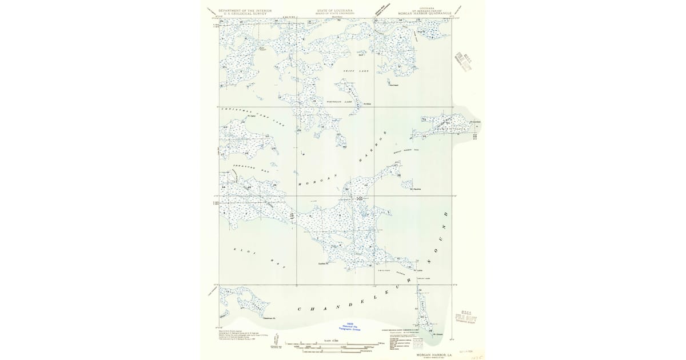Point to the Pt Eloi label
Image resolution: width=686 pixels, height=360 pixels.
point(368,105)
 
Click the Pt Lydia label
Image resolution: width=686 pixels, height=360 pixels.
point(425,271)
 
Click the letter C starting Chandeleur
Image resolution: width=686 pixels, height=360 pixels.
point(298,310)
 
